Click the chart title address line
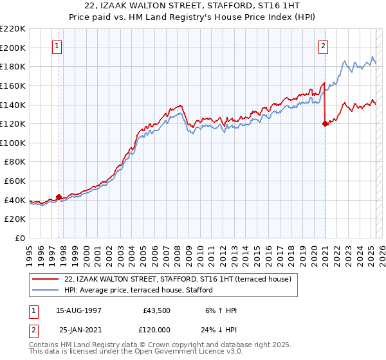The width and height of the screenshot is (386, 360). (193, 6)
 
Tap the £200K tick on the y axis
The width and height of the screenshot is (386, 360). (13, 48)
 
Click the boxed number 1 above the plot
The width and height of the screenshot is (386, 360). (58, 46)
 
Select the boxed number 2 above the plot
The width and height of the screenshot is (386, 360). (322, 46)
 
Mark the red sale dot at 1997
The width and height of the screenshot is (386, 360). (59, 197)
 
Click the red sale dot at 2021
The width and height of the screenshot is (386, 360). (325, 124)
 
